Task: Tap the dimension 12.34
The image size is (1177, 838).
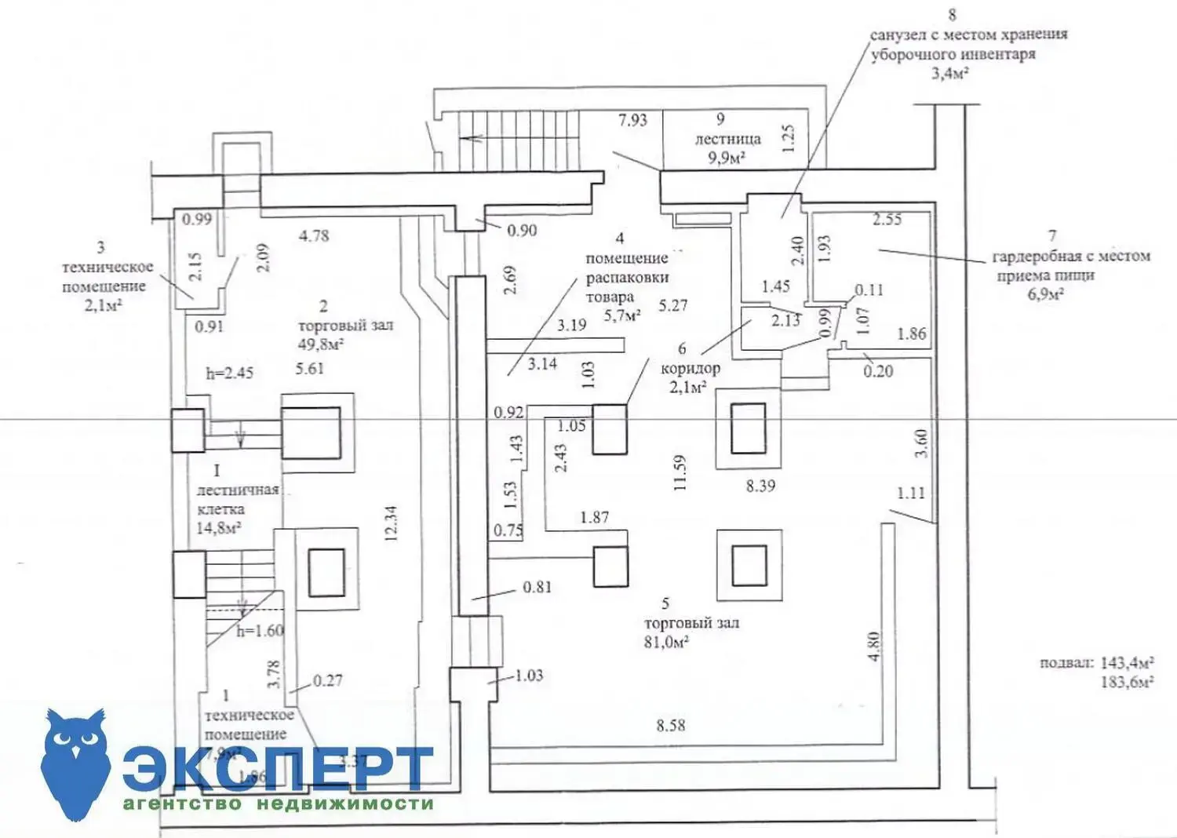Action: pyautogui.click(x=391, y=523)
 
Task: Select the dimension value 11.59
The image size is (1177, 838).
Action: pyautogui.click(x=680, y=472)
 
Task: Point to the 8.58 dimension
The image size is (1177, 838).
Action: pyautogui.click(x=671, y=726)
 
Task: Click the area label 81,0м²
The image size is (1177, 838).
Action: pyautogui.click(x=666, y=643)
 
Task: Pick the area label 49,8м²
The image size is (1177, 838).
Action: pyautogui.click(x=320, y=344)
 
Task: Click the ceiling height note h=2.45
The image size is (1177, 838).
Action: pyautogui.click(x=229, y=373)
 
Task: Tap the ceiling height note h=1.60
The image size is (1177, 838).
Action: pyautogui.click(x=260, y=631)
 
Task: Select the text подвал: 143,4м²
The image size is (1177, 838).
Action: pyautogui.click(x=1096, y=663)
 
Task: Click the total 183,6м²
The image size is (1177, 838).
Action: pyautogui.click(x=1126, y=682)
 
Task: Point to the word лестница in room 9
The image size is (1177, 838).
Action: pyautogui.click(x=727, y=139)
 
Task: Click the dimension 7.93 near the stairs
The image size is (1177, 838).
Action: pyautogui.click(x=632, y=120)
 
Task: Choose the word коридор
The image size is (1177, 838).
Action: pyautogui.click(x=691, y=368)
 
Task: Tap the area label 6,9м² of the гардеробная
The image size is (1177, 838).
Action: pyautogui.click(x=1045, y=294)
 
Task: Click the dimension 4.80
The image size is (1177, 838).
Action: pyautogui.click(x=874, y=646)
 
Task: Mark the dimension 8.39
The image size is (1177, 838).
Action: pyautogui.click(x=760, y=486)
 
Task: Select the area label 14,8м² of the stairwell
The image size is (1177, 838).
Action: pyautogui.click(x=218, y=528)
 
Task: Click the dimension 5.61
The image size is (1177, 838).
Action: pyautogui.click(x=310, y=368)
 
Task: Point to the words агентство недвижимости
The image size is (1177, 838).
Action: pyautogui.click(x=278, y=803)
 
